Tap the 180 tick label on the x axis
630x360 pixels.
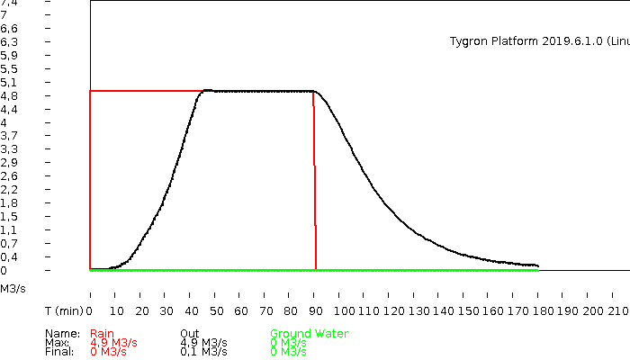coord(543,310)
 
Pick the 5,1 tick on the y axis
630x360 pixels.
coord(8,82)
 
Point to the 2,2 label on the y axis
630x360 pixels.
coord(8,189)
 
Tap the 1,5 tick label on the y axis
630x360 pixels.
coord(8,216)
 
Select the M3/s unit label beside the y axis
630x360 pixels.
coord(13,289)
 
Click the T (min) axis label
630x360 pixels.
coord(64,310)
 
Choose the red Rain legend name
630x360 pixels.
coord(103,334)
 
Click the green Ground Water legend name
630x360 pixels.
coord(309,334)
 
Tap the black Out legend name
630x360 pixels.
coord(189,334)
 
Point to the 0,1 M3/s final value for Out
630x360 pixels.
coord(203,352)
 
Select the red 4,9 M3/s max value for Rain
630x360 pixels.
coord(113,343)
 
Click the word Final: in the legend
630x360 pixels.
coord(58,352)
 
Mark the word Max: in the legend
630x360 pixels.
coord(57,343)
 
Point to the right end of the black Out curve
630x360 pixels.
coord(537,266)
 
